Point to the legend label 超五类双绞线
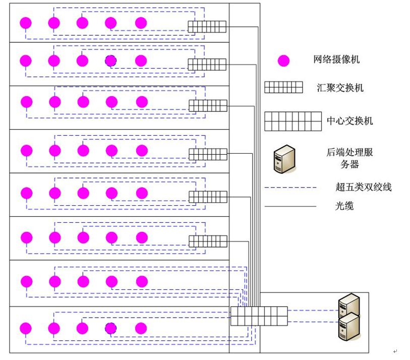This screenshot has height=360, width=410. click(x=363, y=188)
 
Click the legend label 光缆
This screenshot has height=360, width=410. click(x=344, y=206)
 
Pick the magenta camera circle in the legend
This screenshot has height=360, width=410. click(x=284, y=61)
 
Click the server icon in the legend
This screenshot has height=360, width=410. click(x=284, y=159)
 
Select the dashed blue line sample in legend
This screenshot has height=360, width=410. click(x=290, y=188)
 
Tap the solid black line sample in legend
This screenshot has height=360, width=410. click(x=290, y=206)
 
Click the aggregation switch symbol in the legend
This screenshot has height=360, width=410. click(x=283, y=88)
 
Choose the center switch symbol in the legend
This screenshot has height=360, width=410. click(x=293, y=121)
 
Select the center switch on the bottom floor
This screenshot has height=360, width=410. click(x=259, y=316)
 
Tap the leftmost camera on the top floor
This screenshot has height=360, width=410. click(x=26, y=23)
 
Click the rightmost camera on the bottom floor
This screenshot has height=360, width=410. click(x=141, y=328)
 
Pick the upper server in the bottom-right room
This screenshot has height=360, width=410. click(x=348, y=305)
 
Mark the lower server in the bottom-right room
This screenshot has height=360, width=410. click(x=348, y=326)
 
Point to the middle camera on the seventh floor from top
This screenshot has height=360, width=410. click(x=83, y=280)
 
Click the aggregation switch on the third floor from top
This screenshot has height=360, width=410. click(x=208, y=106)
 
